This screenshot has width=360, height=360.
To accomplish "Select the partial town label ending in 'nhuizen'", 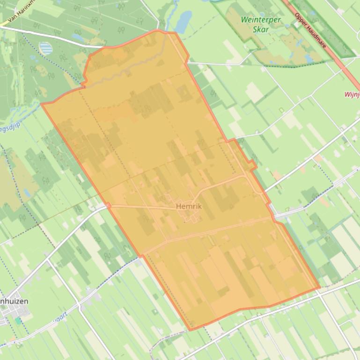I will pyautogui.click(x=14, y=301).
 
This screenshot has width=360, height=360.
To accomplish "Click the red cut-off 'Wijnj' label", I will pyautogui.click(x=352, y=94).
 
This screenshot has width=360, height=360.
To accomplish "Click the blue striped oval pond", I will pyautogui.click(x=45, y=48).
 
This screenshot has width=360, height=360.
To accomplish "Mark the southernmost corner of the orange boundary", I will pyautogui.click(x=190, y=330).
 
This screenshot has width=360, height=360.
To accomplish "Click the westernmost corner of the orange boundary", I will pyautogui.click(x=42, y=104).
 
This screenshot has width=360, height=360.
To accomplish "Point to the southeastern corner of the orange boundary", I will pyautogui.click(x=320, y=288).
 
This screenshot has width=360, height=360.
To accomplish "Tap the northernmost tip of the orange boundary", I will pyautogui.click(x=158, y=31).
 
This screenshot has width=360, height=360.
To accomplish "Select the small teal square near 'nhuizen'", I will pyautogui.click(x=18, y=321).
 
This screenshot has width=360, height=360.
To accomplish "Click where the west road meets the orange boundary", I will pyautogui.click(x=108, y=205).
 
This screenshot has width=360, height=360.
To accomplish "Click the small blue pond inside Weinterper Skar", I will pyautogui.click(x=308, y=58).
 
